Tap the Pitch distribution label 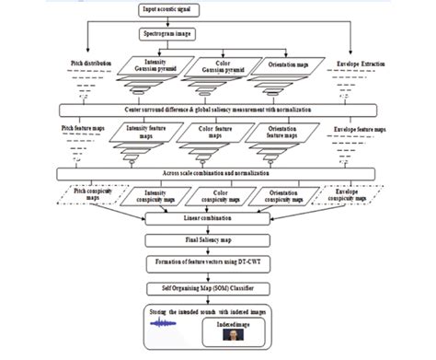[91, 64]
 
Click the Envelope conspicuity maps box [353, 195]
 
